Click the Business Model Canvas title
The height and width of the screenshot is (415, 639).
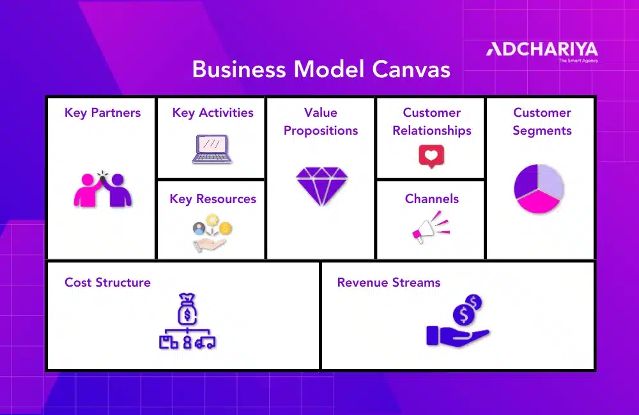[x=321, y=69]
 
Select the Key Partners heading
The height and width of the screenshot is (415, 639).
[x=102, y=113]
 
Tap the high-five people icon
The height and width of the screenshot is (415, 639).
[x=102, y=190]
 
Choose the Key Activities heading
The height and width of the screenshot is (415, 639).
[x=213, y=113]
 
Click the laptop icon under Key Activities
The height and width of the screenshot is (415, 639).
[x=212, y=149]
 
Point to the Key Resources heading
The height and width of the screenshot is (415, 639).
[x=213, y=199]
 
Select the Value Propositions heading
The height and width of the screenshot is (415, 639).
[x=321, y=121]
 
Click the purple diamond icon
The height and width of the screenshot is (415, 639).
[x=321, y=186]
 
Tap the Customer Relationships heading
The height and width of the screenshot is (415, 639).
[x=432, y=121]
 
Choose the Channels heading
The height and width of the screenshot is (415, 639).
[x=432, y=199]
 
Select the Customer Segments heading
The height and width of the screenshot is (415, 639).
[x=542, y=121]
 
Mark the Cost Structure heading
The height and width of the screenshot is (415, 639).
[x=107, y=282]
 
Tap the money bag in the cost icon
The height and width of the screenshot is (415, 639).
[x=187, y=308]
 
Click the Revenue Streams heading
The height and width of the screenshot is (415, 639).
[x=389, y=282]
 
